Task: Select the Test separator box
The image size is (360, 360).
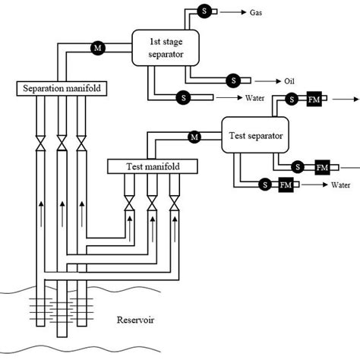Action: coord(255,137)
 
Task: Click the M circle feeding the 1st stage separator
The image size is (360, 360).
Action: coord(97,47)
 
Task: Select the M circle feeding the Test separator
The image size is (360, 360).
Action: coord(194,137)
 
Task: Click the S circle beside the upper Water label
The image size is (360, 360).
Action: coord(183,97)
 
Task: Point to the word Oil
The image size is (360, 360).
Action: coord(290,81)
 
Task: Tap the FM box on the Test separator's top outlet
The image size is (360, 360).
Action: coord(314,99)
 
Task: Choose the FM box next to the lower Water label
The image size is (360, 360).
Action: coord(286,185)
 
